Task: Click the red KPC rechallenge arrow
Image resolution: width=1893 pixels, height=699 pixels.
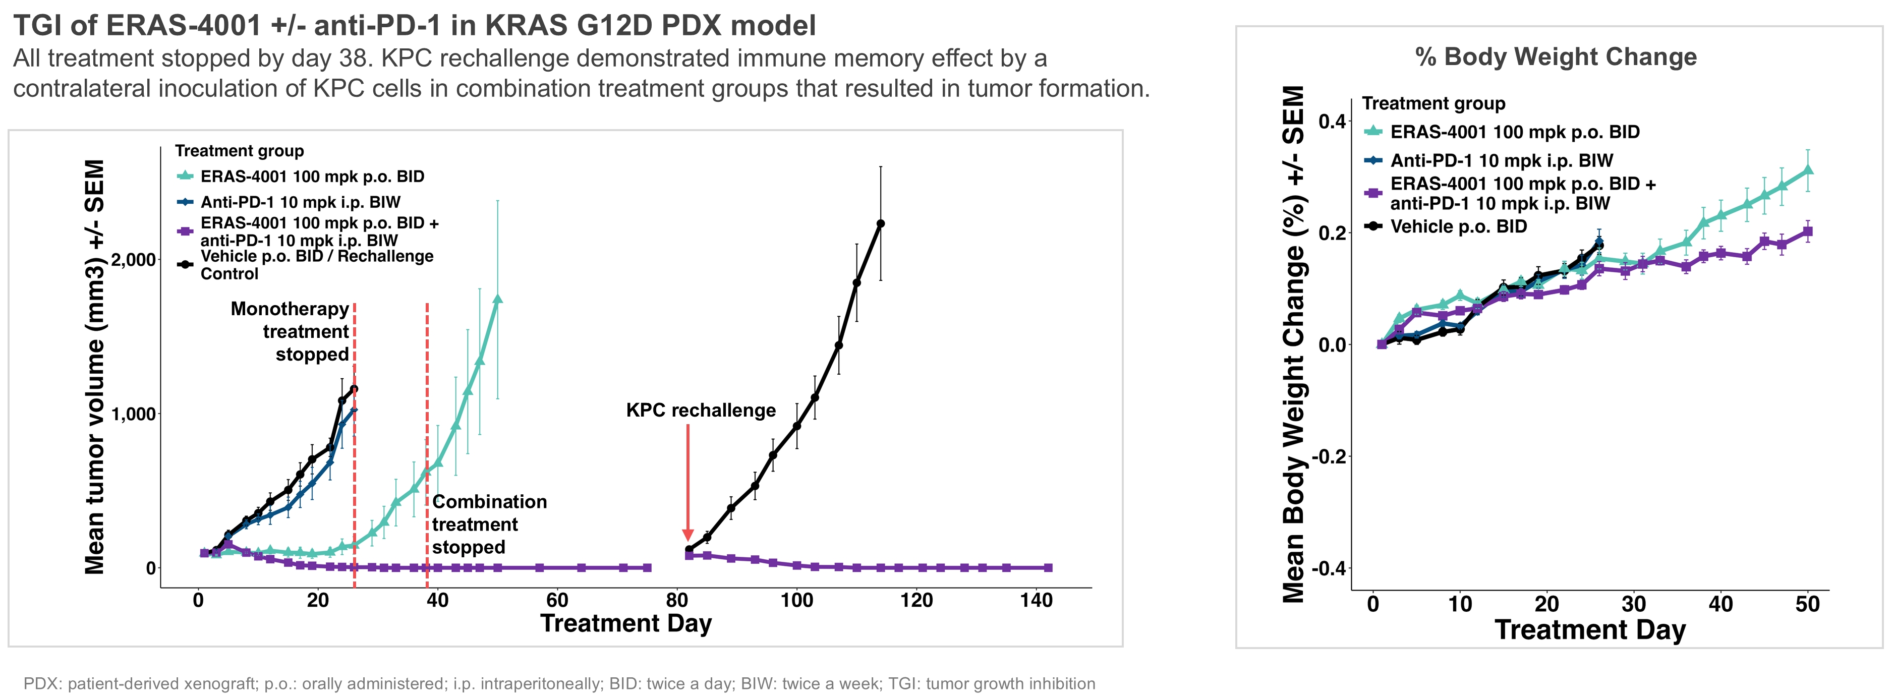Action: [688, 482]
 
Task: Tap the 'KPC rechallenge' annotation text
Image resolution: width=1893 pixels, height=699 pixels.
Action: [700, 410]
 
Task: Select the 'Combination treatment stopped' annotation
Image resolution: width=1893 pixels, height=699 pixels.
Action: [489, 524]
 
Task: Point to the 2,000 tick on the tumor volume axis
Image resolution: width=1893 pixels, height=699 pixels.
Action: [133, 260]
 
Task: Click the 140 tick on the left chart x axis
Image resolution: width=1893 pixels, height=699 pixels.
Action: [1036, 601]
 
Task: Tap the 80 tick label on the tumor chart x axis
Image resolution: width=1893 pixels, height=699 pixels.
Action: [677, 601]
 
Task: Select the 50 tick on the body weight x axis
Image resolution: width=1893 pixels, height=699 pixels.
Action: [1807, 604]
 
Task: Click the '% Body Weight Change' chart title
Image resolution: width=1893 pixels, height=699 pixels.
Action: [1556, 56]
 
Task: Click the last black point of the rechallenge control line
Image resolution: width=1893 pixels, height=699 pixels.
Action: [880, 223]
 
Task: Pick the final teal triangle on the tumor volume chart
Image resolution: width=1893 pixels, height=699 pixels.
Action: [497, 299]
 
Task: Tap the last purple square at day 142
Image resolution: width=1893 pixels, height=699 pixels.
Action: [1048, 567]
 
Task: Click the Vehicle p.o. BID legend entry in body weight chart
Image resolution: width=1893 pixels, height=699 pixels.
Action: [1458, 226]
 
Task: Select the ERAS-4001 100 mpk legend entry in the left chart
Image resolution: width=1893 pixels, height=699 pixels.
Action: [312, 177]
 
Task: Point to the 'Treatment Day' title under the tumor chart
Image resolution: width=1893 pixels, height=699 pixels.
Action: [625, 623]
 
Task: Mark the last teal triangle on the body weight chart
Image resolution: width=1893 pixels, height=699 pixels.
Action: [1808, 170]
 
